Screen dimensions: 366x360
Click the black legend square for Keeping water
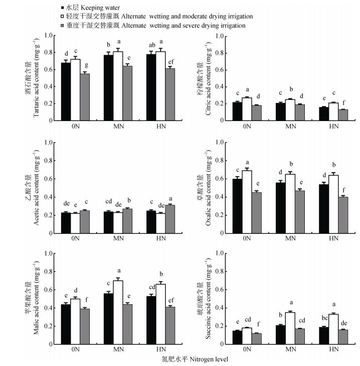(62, 9)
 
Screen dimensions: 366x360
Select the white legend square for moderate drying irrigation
(62, 17)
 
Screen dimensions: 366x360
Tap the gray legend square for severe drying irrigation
(62, 25)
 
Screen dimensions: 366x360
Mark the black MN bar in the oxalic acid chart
(280, 208)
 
